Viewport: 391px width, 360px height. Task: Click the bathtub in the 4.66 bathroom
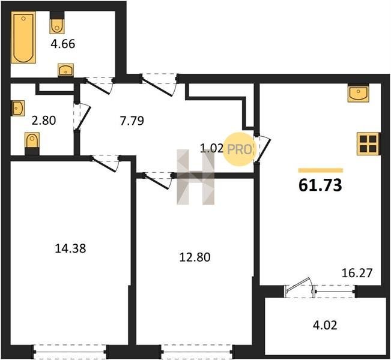(23, 37)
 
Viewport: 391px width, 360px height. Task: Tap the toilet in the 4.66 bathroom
(57, 23)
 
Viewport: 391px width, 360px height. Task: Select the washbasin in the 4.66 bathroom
(66, 70)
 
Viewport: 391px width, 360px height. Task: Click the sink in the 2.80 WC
(17, 108)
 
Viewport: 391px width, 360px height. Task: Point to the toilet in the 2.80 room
(32, 143)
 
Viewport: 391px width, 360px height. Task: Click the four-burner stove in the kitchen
(368, 144)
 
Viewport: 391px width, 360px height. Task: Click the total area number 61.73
(320, 185)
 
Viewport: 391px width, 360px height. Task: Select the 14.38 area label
(70, 248)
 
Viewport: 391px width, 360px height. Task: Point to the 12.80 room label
(195, 257)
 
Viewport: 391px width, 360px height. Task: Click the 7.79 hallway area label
(132, 121)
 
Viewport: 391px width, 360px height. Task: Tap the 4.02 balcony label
(325, 325)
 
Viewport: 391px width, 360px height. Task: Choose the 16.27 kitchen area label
(357, 273)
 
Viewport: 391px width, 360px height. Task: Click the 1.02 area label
(211, 149)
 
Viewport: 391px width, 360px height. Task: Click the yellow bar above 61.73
(321, 170)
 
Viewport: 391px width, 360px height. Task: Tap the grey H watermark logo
(196, 177)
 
